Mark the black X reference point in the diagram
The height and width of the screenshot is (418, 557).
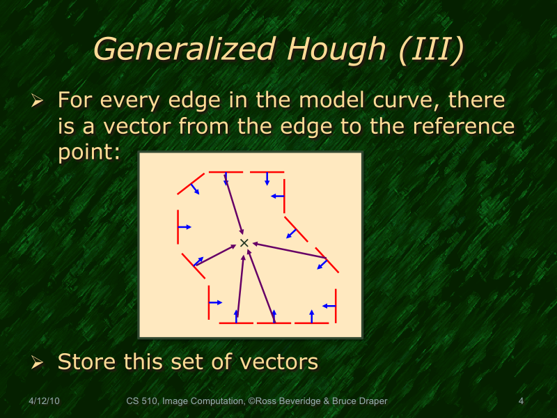click(x=244, y=242)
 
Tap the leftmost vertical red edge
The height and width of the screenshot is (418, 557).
click(x=178, y=226)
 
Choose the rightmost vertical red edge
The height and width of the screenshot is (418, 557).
click(x=336, y=306)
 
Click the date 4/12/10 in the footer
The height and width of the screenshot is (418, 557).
click(x=43, y=401)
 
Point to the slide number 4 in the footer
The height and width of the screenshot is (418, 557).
click(x=521, y=401)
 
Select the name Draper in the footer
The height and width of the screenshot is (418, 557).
click(x=372, y=401)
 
